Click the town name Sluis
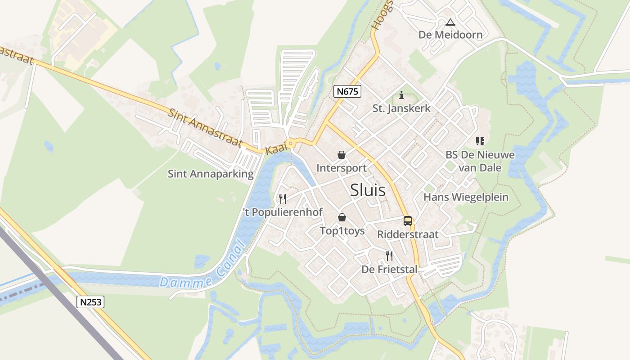pyautogui.click(x=368, y=190)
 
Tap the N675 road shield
pyautogui.click(x=348, y=92)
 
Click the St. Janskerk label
pyautogui.click(x=401, y=108)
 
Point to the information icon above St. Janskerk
pyautogui.click(x=401, y=95)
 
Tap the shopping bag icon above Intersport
pyautogui.click(x=342, y=155)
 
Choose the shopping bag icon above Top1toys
pyautogui.click(x=342, y=218)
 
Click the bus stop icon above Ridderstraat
pyautogui.click(x=408, y=221)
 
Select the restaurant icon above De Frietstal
pyautogui.click(x=389, y=256)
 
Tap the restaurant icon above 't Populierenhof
pyautogui.click(x=283, y=198)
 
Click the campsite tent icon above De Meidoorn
pyautogui.click(x=450, y=22)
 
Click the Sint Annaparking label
pyautogui.click(x=211, y=174)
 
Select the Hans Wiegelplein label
pyautogui.click(x=466, y=197)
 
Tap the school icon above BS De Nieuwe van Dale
pyautogui.click(x=480, y=141)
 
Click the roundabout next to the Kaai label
pyautogui.click(x=291, y=144)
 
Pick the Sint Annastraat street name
pyautogui.click(x=205, y=128)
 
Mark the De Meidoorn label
pyautogui.click(x=450, y=35)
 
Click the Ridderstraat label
pyautogui.click(x=408, y=234)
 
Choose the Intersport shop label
pyautogui.click(x=342, y=168)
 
